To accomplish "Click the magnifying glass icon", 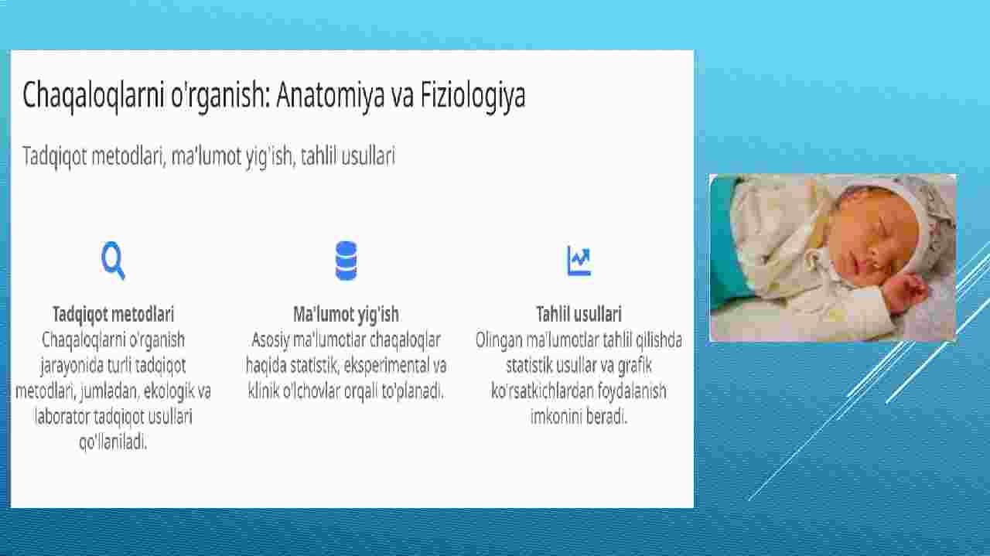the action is [113, 261].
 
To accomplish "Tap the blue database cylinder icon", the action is [346, 261].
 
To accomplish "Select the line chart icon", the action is [579, 261].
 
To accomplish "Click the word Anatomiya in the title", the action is [330, 95].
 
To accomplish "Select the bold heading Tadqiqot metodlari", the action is [113, 315].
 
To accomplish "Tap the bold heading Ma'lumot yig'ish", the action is [346, 315].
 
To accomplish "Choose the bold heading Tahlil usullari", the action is [579, 314].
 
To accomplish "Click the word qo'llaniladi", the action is [113, 442].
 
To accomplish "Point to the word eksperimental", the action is [385, 366].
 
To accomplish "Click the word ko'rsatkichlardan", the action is [542, 391].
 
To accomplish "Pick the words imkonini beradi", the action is [579, 416].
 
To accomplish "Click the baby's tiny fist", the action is [906, 291].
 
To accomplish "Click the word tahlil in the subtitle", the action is [319, 156].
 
